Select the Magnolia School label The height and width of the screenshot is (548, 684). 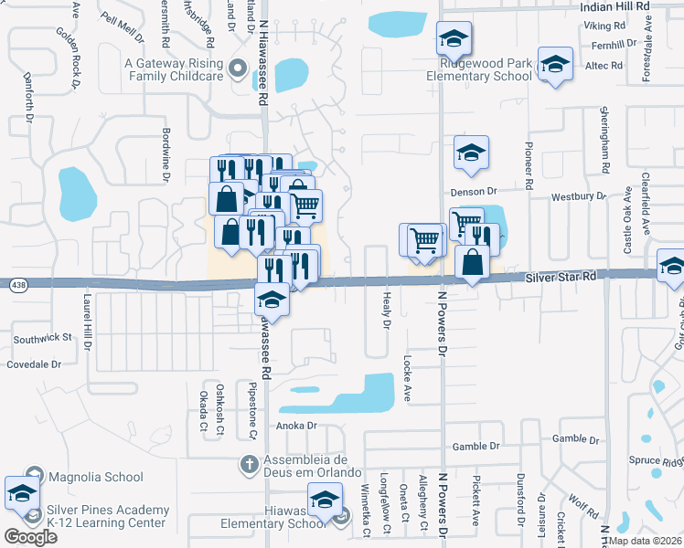(x=96, y=477)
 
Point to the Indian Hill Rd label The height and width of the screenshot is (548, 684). (x=615, y=5)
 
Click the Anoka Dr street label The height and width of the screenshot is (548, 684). (x=298, y=426)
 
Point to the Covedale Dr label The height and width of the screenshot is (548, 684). (x=34, y=364)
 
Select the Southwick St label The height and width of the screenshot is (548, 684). (x=42, y=338)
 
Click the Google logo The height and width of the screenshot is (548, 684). (x=30, y=537)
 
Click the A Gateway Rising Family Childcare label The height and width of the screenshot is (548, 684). (x=175, y=69)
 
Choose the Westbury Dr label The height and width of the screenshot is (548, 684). (x=579, y=196)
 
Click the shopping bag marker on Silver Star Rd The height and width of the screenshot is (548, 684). (x=472, y=262)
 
